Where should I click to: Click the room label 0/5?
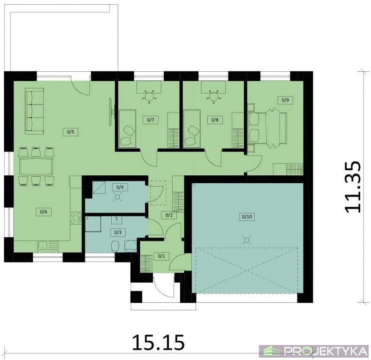click(x=70, y=132)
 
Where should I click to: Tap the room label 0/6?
click(x=44, y=211)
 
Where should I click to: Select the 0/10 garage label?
click(x=247, y=217)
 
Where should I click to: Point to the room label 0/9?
click(x=285, y=100)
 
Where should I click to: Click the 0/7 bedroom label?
click(x=151, y=120)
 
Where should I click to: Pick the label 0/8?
click(x=215, y=120)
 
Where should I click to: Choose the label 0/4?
click(x=120, y=187)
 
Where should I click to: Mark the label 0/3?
click(x=118, y=232)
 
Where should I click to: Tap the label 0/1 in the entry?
click(x=162, y=256)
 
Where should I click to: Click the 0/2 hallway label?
click(x=169, y=215)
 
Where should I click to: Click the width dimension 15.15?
click(x=158, y=342)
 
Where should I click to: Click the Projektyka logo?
click(x=314, y=352)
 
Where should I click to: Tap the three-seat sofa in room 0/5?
click(x=35, y=111)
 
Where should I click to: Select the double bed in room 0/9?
click(x=267, y=127)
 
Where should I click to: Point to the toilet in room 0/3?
click(x=115, y=247)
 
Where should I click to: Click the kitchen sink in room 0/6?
click(x=43, y=247)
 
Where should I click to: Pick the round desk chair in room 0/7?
click(x=149, y=96)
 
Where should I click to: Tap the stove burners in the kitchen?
click(x=76, y=218)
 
